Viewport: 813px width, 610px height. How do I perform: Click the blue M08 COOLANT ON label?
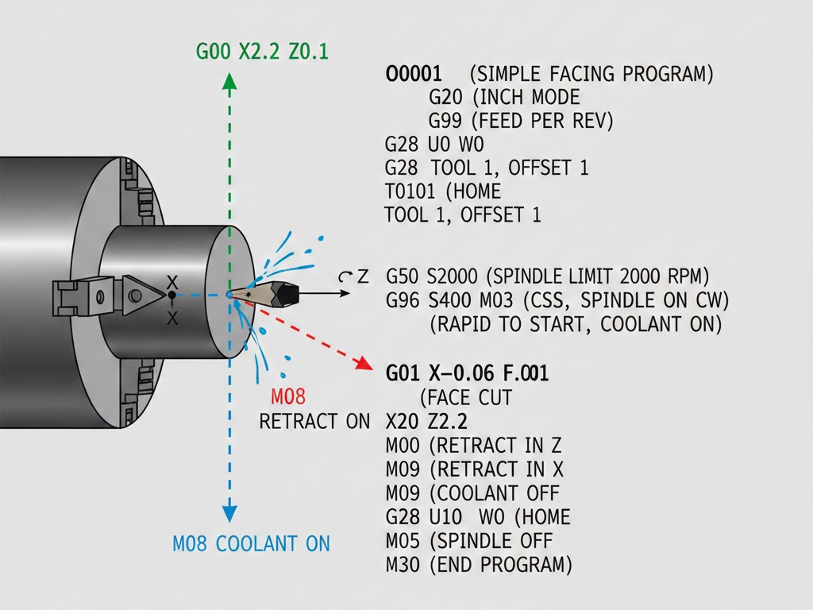251,544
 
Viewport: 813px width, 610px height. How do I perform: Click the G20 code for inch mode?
445,98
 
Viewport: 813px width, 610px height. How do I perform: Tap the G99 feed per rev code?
445,122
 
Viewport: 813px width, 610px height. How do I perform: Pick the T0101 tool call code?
411,191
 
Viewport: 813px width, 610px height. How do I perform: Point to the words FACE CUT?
469,397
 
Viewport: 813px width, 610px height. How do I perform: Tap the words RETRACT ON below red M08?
314,421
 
